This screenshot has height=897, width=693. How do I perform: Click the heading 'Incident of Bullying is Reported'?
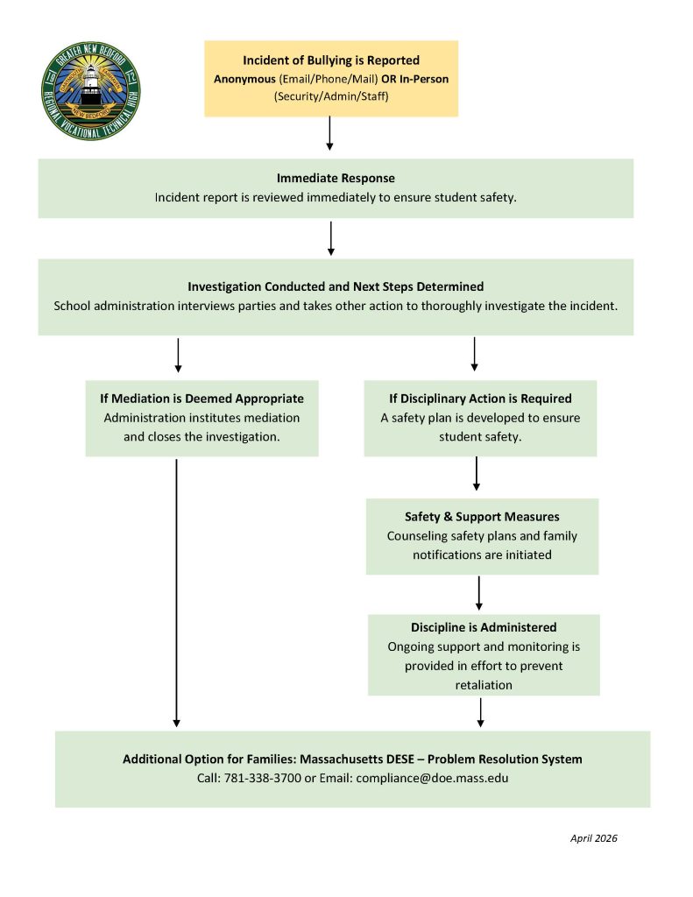331,60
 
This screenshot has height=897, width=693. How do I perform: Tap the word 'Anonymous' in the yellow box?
245,79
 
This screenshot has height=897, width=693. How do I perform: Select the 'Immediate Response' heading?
336,178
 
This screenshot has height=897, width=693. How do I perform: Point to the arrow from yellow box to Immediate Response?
330,133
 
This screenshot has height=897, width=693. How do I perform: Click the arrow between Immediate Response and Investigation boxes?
331,237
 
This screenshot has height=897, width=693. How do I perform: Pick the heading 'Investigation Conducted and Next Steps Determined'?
336,286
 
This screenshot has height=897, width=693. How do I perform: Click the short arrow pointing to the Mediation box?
178,354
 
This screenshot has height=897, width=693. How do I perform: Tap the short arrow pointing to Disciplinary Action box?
474,354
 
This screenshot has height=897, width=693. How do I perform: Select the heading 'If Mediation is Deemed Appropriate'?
202,399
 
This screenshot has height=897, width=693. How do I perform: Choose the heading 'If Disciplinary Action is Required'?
480,399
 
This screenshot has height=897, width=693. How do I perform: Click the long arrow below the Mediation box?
177,592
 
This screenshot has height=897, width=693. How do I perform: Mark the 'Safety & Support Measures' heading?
482,517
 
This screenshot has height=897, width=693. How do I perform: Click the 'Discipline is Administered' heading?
484,627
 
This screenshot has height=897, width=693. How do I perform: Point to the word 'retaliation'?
484,684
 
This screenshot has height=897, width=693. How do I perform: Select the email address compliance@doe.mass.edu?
432,778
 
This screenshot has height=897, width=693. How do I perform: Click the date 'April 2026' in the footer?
593,838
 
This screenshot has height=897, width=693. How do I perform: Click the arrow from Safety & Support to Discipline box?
479,592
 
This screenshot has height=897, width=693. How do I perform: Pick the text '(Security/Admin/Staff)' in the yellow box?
331,96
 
